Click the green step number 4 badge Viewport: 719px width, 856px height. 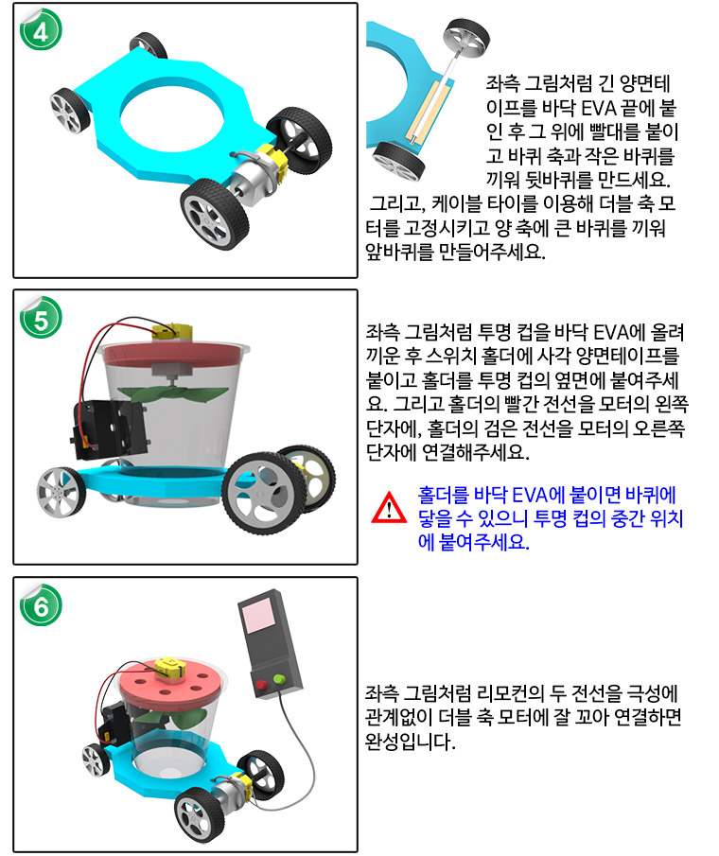coord(41,30)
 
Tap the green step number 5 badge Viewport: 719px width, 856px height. coord(41,318)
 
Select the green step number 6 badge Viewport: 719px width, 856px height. coord(41,605)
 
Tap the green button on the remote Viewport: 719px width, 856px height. coord(279,679)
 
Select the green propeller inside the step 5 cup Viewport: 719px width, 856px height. coord(172,394)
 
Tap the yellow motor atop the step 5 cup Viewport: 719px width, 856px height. coord(172,330)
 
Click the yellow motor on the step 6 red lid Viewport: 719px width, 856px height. coord(170,670)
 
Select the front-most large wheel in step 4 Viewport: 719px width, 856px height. coord(214,214)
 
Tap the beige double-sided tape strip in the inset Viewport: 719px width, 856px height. coord(429,110)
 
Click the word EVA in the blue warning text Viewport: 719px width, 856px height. coord(529,495)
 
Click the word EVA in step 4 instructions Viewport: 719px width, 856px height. coord(598,108)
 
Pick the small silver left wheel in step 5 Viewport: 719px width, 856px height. coord(61,493)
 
